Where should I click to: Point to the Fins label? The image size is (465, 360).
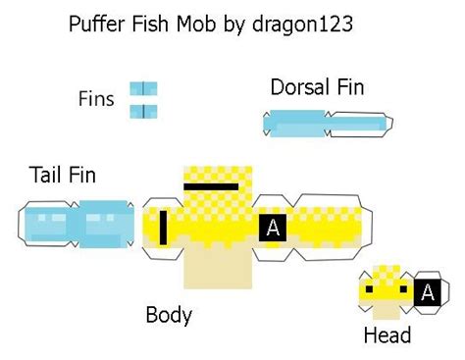[96, 99]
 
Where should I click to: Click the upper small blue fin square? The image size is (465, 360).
[143, 89]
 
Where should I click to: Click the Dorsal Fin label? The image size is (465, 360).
[317, 87]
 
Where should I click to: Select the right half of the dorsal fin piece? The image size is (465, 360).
[358, 124]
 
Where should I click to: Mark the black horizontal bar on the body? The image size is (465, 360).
[211, 185]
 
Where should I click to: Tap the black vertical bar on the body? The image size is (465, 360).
[163, 228]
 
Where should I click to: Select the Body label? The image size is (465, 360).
[169, 315]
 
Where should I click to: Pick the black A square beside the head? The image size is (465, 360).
[427, 291]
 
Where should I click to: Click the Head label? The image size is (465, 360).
[387, 335]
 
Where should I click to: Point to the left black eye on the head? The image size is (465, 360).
[368, 290]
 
